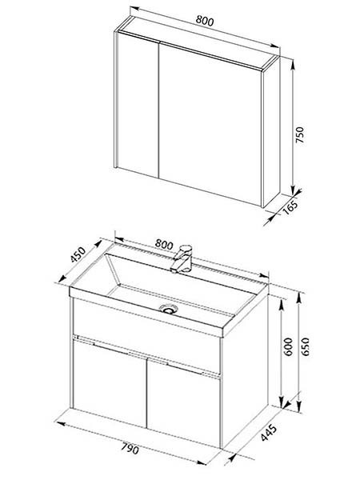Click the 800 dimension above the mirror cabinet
coord(205,21)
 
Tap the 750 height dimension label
coord(300,134)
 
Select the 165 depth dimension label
coord(290,208)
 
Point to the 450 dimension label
coord(78,254)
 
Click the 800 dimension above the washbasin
coord(164,244)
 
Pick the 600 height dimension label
coord(288,346)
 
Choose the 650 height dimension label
coord(306,346)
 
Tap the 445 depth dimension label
coord(269,433)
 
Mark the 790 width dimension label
coord(130,449)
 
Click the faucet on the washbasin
coord(182,258)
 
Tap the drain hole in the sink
coord(168,309)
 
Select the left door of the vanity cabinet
coord(110,382)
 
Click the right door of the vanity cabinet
coord(183,402)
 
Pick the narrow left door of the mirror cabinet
coord(138,104)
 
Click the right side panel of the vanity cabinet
coord(245,370)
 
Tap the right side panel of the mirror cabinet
coord(271,132)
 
